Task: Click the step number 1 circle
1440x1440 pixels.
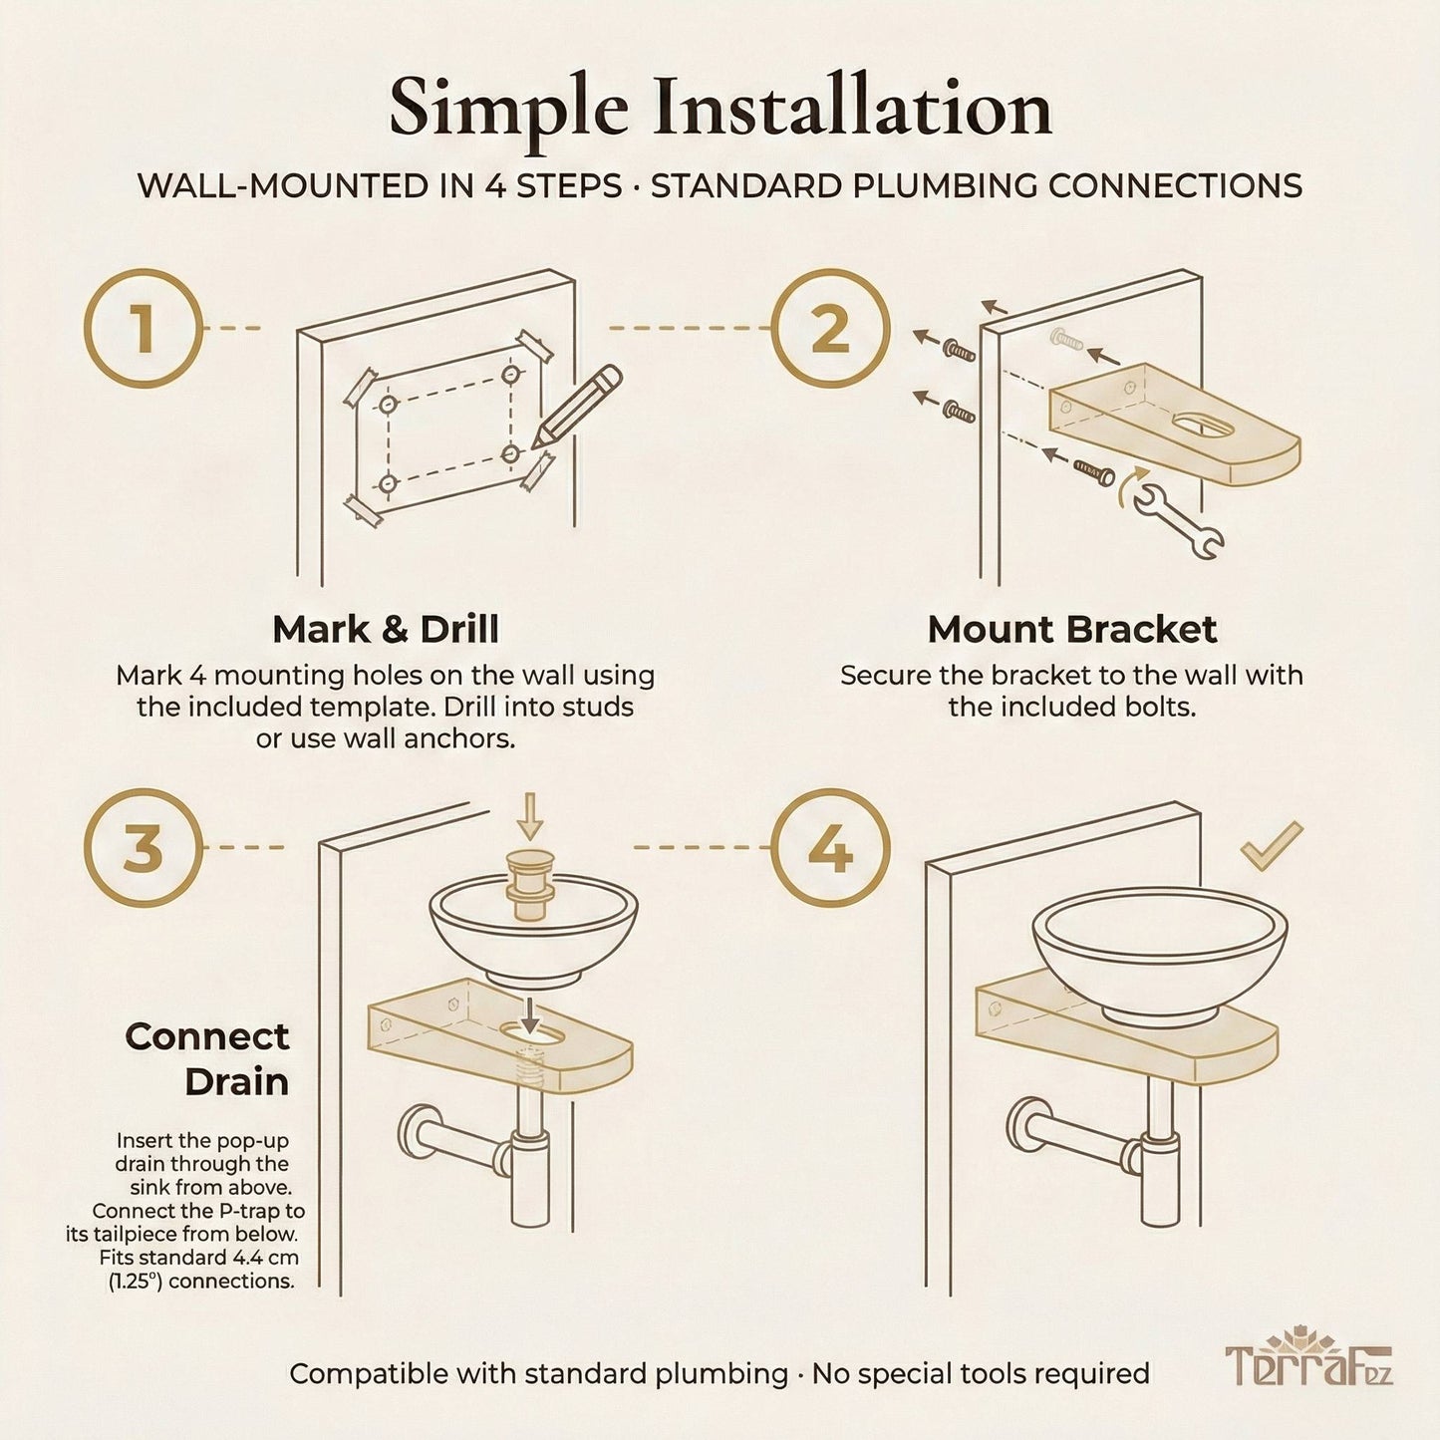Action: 144,328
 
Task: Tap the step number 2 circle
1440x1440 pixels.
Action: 830,328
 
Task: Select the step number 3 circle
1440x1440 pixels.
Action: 144,848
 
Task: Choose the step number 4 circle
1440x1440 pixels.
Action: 830,848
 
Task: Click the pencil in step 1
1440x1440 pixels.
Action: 577,407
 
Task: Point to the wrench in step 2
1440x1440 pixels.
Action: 1179,519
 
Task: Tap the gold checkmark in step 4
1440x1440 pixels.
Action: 1271,845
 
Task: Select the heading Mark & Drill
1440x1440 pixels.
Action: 386,630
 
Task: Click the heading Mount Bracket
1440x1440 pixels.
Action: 1071,630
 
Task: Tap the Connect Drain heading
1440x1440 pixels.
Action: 207,1058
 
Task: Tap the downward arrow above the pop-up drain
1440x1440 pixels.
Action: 529,815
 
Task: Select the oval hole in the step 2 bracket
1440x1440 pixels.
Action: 1203,427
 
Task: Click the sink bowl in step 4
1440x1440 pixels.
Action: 1160,947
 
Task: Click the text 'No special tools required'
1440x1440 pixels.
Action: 981,1374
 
